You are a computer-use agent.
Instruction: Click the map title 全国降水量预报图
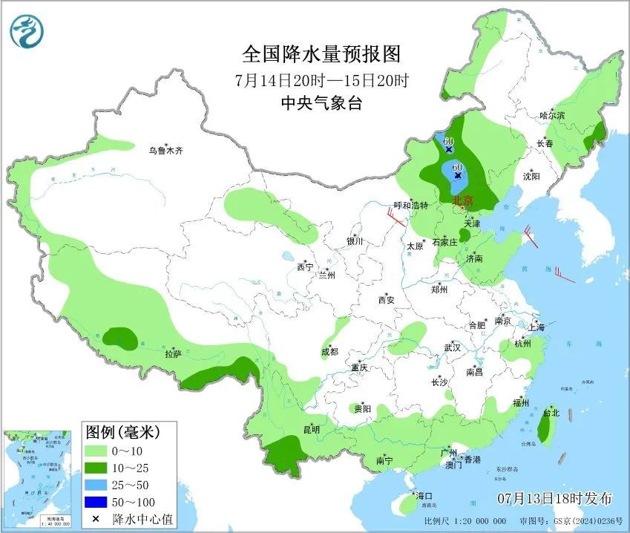coord(321,54)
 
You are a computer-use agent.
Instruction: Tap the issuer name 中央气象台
coord(321,104)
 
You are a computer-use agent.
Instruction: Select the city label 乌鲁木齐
coord(165,151)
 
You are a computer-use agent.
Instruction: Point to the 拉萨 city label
coord(173,354)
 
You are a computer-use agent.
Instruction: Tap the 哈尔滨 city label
coord(552,116)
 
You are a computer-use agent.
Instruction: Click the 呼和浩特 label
coord(410,205)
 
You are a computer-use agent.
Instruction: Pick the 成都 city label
coord(329,351)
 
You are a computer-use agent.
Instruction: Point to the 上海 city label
coord(536,327)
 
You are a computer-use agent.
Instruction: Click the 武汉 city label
coord(452,347)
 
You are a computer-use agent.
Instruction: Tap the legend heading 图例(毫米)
coord(122,431)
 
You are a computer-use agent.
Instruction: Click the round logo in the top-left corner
coord(27,31)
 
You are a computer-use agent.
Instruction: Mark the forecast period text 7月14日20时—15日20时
coord(321,79)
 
